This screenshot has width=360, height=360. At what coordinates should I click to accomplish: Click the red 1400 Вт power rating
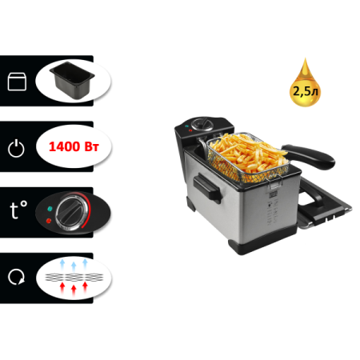pos(73,147)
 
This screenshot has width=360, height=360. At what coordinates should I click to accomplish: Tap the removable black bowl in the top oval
pos(73,82)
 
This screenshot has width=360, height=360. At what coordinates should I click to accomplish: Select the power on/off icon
pos(16,148)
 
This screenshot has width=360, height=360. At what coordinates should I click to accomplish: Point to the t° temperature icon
pos(16,210)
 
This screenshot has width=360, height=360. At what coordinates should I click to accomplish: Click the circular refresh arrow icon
pos(16,275)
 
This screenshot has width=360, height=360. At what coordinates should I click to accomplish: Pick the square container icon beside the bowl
pos(16,82)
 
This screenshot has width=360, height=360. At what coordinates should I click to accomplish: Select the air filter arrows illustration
pos(73,275)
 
